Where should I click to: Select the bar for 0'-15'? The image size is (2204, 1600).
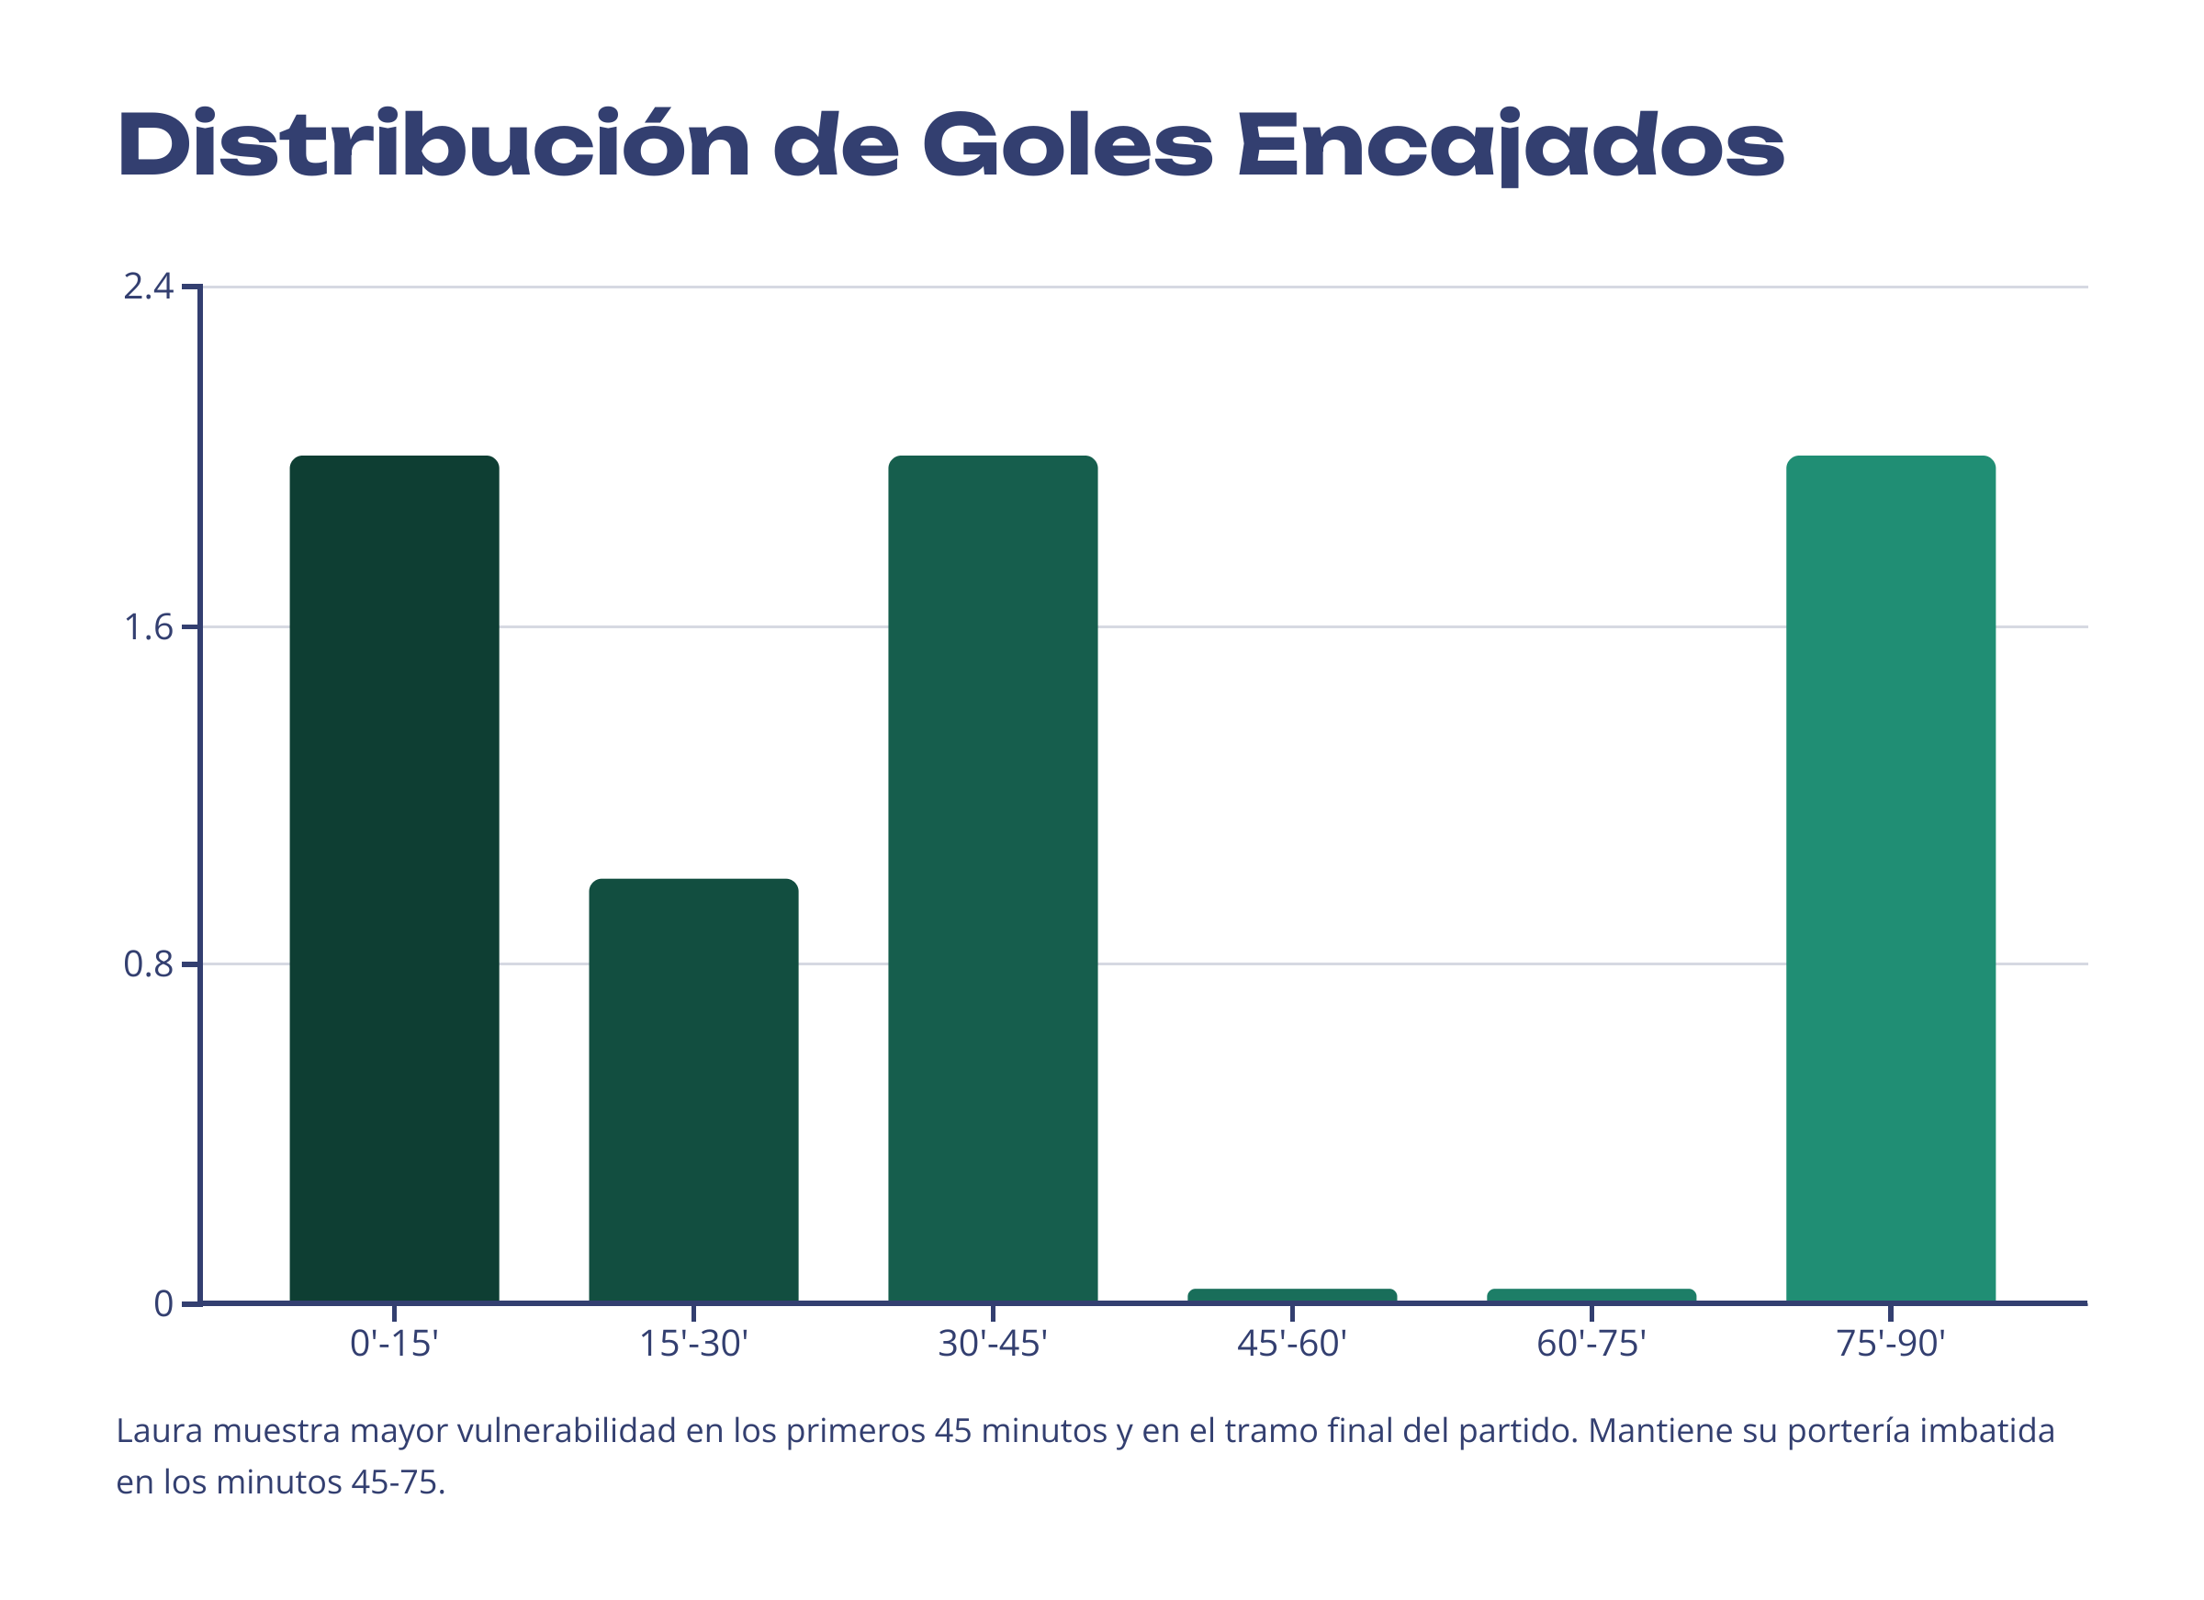pos(395,879)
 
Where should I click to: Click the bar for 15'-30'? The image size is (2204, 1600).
pos(694,1090)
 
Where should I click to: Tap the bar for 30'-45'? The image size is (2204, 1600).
pos(993,879)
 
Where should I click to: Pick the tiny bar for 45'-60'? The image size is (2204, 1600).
pos(1292,1296)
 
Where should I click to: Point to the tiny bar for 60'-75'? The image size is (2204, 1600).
pos(1591,1296)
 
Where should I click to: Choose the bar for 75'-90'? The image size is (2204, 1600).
pos(1891,879)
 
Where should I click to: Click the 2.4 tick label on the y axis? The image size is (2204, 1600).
pos(148,287)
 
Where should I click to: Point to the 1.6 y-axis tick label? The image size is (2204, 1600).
pos(148,628)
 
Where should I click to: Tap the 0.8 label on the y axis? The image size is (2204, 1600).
pos(148,964)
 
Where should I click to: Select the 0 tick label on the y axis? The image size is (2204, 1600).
pos(163,1303)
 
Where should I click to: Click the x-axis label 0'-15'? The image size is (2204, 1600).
pos(395,1344)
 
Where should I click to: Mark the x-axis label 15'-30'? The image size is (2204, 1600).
pos(694,1344)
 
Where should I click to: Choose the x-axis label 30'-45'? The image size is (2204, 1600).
pos(993,1344)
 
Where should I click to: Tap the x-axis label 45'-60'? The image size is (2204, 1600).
pos(1292,1344)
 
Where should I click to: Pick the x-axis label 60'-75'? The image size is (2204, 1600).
pos(1591,1344)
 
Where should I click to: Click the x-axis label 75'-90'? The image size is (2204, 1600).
pos(1891,1344)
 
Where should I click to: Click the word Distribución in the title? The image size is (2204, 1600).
pos(433,146)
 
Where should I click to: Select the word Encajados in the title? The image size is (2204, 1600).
pos(1512,146)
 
